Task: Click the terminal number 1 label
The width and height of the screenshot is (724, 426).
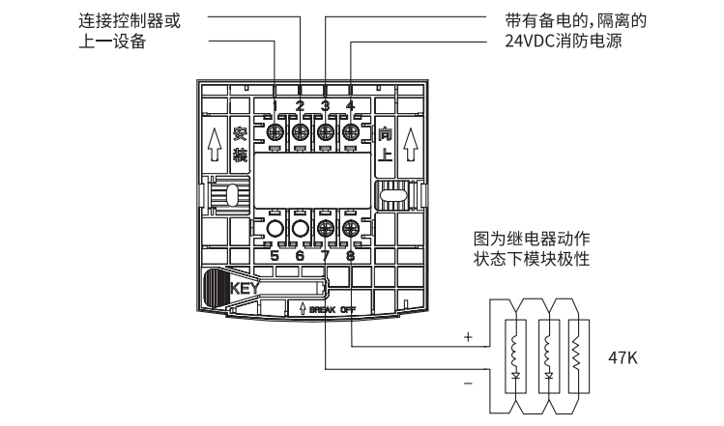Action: click(x=275, y=105)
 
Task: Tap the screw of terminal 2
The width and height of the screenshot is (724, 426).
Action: click(x=300, y=131)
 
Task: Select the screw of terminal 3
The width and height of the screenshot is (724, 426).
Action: click(x=325, y=131)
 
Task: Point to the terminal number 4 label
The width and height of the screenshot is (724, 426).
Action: click(x=350, y=105)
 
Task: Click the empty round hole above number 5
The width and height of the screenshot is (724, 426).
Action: click(x=275, y=231)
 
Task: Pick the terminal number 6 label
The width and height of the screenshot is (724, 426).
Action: click(x=300, y=256)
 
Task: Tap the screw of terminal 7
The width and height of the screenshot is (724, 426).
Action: click(x=325, y=231)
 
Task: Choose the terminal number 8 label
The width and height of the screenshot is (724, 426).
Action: click(x=350, y=256)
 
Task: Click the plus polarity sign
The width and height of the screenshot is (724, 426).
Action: click(x=469, y=338)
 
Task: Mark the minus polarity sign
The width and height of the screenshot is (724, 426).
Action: click(x=469, y=383)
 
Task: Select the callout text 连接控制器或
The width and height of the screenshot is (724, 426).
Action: click(x=127, y=18)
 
